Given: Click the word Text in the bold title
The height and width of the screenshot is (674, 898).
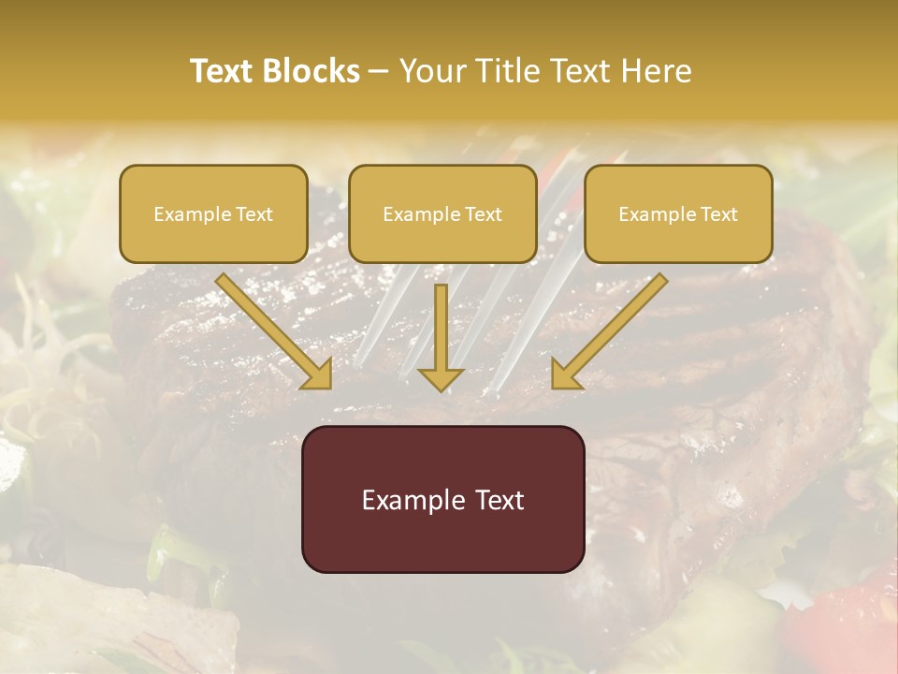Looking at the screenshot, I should click(x=222, y=71).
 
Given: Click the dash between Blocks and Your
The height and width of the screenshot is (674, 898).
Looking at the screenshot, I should click(x=379, y=72).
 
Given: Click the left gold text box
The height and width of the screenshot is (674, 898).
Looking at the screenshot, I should click(x=213, y=213).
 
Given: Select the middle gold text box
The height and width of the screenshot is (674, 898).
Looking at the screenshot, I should click(x=442, y=213).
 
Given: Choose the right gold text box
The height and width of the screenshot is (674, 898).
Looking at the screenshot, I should click(x=678, y=213).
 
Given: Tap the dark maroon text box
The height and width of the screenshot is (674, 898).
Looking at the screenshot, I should click(x=443, y=499).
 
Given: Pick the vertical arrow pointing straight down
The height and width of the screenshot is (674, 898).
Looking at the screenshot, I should click(x=441, y=337).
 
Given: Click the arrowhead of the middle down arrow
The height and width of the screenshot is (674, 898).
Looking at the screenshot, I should click(x=441, y=379).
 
